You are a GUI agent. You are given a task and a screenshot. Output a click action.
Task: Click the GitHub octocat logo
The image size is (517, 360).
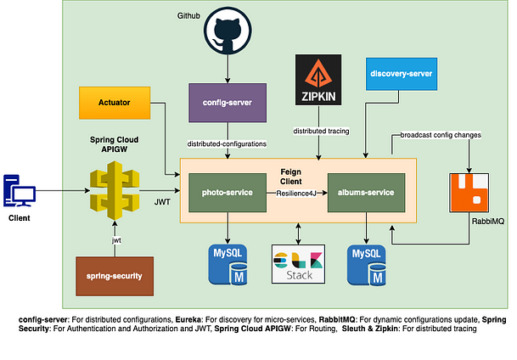pyautogui.click(x=228, y=33)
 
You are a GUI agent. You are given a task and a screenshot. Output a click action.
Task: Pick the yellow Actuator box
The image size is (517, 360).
pyautogui.click(x=114, y=103)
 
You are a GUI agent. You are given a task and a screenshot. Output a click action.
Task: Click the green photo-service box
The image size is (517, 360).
pyautogui.click(x=228, y=194)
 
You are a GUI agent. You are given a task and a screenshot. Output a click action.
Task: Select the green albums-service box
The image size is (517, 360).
pyautogui.click(x=366, y=194)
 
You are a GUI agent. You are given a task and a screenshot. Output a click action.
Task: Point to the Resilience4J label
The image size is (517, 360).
pyautogui.click(x=296, y=194)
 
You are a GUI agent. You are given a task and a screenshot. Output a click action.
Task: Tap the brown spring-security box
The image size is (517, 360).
pyautogui.click(x=114, y=275)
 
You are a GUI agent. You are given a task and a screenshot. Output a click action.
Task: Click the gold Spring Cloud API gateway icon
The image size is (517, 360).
pyautogui.click(x=115, y=191)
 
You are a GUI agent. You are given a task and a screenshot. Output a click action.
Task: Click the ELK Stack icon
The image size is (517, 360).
pyautogui.click(x=296, y=263)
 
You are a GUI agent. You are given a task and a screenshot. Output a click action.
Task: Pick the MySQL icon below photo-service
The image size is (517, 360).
pyautogui.click(x=228, y=263)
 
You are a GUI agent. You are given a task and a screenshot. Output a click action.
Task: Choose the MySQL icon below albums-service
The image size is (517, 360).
pyautogui.click(x=366, y=263)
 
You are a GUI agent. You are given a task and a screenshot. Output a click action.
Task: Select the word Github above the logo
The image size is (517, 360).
pyautogui.click(x=189, y=15)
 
